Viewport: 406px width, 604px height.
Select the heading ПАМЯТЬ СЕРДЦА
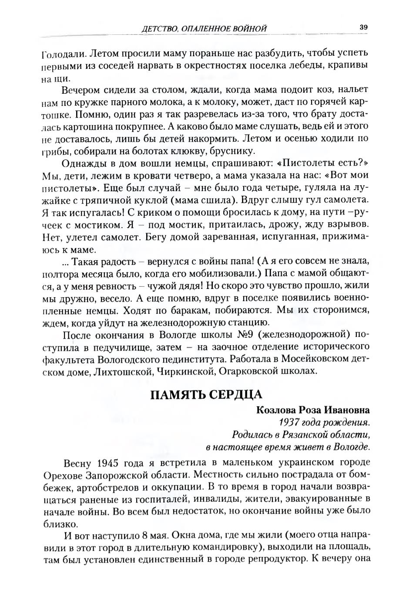pos(206,394)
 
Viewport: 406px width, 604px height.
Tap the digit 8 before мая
pos(144,535)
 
